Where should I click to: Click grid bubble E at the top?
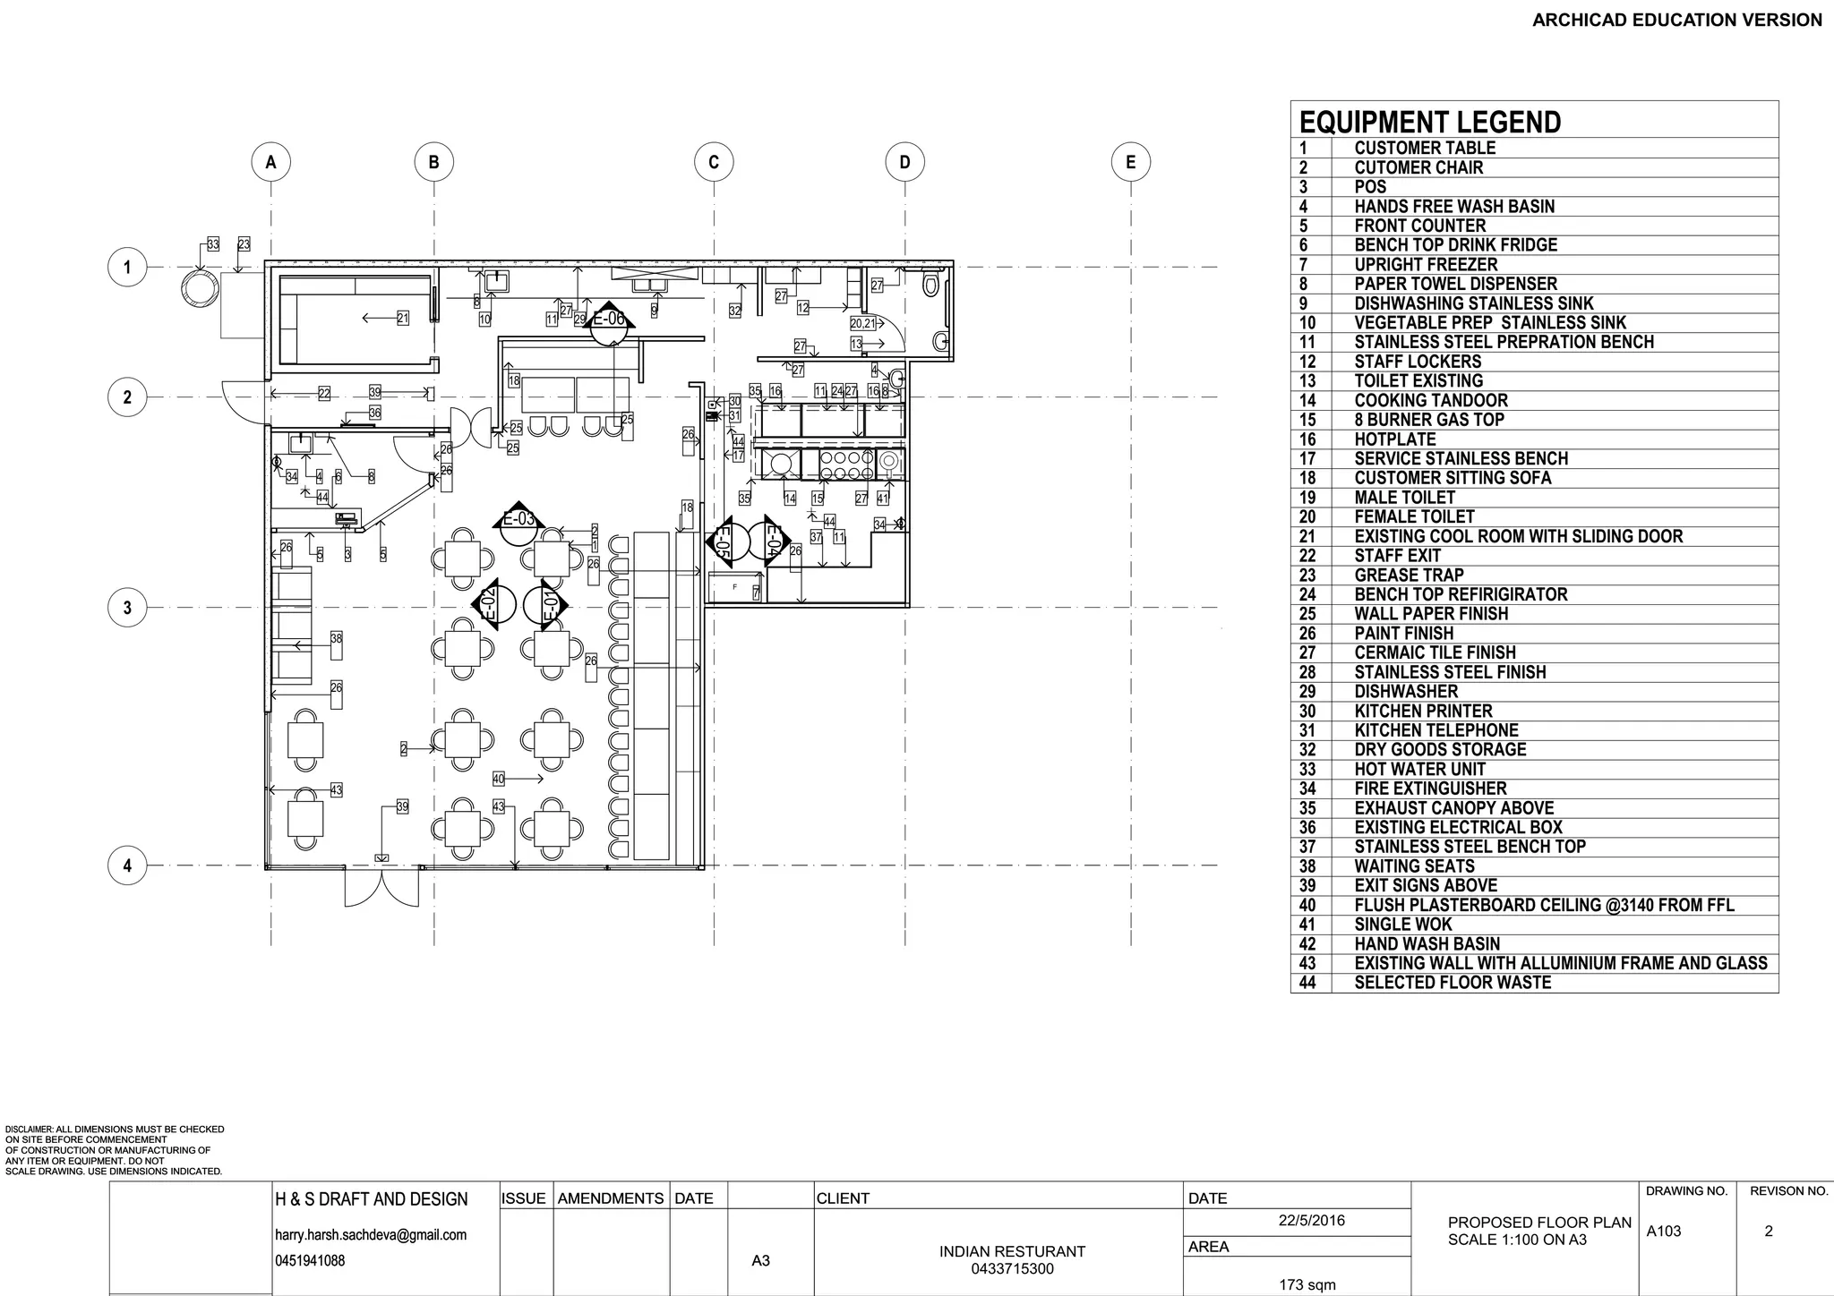pos(1130,162)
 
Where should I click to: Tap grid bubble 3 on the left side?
pos(127,608)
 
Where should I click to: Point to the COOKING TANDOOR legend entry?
pos(1430,400)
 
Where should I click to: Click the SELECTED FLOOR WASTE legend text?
pos(1452,983)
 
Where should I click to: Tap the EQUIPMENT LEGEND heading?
pos(1429,122)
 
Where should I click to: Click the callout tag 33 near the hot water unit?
pos(212,243)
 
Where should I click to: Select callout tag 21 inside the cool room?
pos(403,318)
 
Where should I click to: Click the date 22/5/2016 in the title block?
pos(1311,1221)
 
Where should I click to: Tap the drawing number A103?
pos(1663,1232)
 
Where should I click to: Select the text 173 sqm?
pos(1307,1285)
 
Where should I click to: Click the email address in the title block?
pos(370,1235)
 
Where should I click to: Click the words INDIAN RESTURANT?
pos(1012,1251)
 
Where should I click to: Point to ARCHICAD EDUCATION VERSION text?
pos(1676,20)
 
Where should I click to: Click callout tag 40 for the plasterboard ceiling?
pos(499,779)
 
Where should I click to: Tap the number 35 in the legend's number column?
pos(1307,808)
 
